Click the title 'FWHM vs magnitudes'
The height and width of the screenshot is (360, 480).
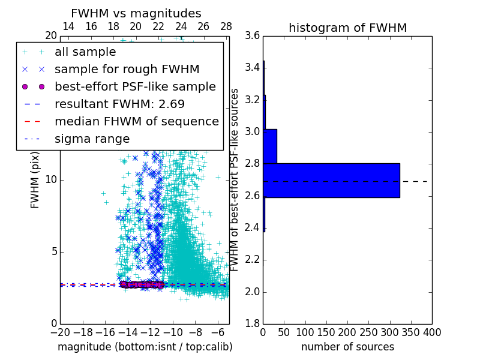pos(136,13)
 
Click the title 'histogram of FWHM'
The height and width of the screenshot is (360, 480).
pos(347,28)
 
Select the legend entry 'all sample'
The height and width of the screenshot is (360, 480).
pos(85,52)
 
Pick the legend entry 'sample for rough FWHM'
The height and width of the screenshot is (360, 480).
pos(127,69)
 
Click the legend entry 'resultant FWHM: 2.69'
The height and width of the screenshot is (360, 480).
pos(119,104)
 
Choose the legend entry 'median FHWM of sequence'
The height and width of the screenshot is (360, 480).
pos(136,121)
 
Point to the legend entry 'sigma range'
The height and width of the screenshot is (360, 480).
pos(92,139)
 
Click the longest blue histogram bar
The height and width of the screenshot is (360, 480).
pos(331,180)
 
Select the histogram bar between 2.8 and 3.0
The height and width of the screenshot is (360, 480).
pos(270,146)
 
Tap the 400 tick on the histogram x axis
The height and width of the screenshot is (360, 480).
pos(431,332)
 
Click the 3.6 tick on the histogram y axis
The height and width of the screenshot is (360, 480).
pos(253,35)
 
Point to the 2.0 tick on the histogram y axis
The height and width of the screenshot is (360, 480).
pos(253,292)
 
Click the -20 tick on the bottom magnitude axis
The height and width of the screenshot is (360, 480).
pos(60,332)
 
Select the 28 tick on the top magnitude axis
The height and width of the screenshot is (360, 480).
pos(226,26)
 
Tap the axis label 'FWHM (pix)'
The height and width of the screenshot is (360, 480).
pos(35,179)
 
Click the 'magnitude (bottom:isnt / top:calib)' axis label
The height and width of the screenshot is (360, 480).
pos(145,347)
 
